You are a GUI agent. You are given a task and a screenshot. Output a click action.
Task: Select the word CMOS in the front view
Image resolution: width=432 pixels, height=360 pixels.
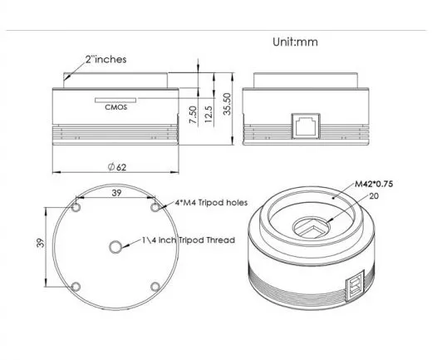pyautogui.click(x=115, y=106)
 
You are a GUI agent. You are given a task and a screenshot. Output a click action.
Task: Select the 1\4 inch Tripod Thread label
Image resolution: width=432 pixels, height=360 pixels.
pyautogui.click(x=188, y=239)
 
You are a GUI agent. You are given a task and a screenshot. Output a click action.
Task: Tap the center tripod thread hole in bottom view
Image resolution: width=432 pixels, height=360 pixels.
pyautogui.click(x=115, y=245)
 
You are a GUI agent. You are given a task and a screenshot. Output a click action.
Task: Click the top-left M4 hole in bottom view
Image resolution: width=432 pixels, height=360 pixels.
pyautogui.click(x=76, y=205)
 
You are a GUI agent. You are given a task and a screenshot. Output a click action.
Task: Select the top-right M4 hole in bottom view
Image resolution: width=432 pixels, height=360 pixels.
pyautogui.click(x=155, y=205)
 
